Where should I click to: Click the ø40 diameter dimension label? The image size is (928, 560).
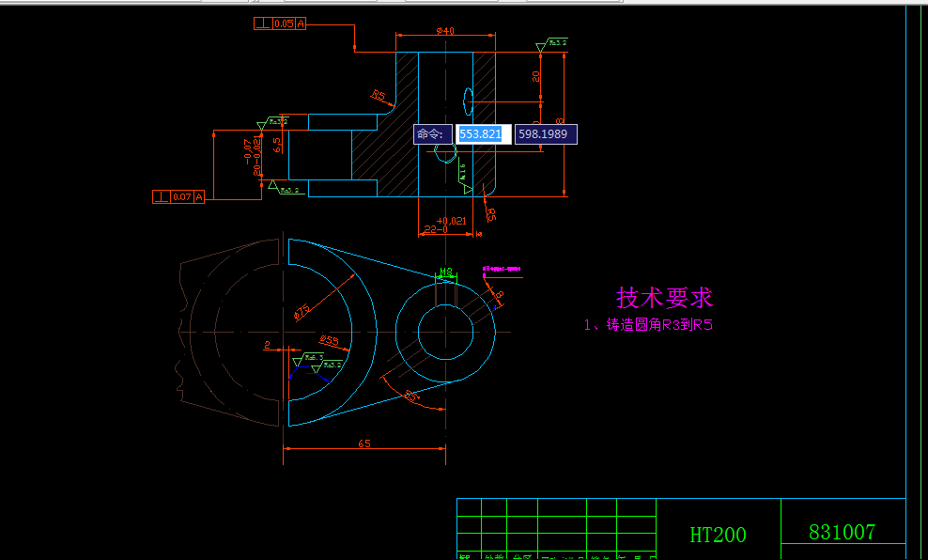point(445,31)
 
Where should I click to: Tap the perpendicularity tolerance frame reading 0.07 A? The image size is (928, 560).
point(178,196)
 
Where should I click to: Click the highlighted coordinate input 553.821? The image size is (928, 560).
point(484,134)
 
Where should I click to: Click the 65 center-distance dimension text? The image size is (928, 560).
point(363,442)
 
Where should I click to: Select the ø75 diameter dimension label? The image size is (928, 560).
point(302,311)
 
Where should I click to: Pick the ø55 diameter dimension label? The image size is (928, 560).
point(329,339)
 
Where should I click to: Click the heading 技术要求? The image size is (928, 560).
point(664,298)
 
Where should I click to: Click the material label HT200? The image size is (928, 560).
point(718,535)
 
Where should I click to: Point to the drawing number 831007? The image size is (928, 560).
point(842,532)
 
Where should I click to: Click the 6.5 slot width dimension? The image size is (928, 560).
point(277,145)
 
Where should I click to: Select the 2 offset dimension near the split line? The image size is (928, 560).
point(267,345)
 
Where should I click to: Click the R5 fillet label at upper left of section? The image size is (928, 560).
point(379,95)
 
